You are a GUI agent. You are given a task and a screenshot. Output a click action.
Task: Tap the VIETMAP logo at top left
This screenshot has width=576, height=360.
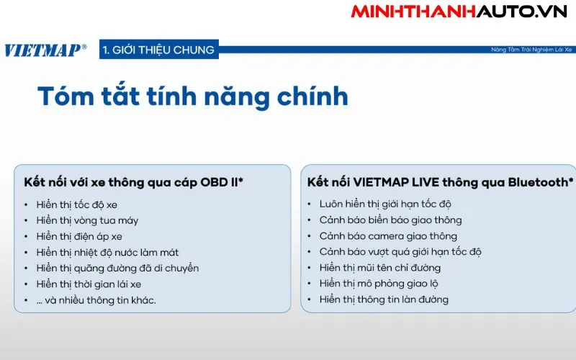45,50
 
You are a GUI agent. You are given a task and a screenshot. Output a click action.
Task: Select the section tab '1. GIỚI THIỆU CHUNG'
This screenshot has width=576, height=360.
158,50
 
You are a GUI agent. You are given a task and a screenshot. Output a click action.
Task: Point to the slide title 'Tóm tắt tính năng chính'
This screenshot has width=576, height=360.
192,96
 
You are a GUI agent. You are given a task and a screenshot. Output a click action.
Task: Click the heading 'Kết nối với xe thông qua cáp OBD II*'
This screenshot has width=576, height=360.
133,182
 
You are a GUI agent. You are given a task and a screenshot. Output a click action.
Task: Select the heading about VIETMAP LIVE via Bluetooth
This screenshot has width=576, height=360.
440,182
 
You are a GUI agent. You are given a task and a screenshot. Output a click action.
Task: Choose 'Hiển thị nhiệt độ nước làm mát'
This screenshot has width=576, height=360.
107,252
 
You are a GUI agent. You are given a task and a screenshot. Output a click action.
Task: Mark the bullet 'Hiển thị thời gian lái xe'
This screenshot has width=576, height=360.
89,284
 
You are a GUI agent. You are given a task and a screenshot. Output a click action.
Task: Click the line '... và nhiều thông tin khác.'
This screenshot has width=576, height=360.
96,300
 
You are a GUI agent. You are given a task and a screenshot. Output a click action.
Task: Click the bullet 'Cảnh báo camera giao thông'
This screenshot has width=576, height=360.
388,236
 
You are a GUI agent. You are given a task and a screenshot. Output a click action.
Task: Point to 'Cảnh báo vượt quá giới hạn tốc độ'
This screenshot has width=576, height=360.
400,252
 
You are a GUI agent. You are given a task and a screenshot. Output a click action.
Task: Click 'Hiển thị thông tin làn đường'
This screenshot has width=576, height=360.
384,300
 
